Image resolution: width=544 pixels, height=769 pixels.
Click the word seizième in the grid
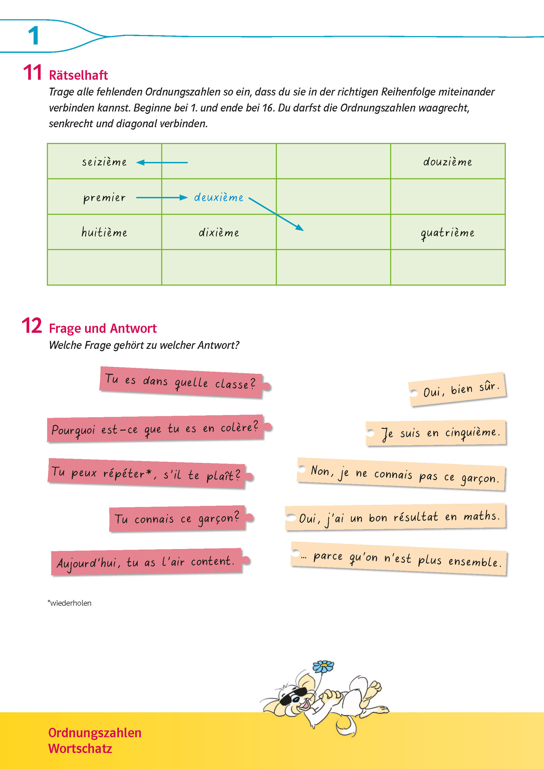(104, 162)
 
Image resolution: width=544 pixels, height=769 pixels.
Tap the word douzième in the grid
(448, 162)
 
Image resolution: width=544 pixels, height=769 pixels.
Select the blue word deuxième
(219, 197)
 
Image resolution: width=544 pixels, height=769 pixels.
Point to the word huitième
(104, 232)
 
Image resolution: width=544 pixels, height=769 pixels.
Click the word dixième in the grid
(219, 232)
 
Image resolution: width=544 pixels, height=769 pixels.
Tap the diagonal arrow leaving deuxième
(276, 214)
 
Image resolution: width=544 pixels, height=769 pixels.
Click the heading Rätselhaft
(78, 75)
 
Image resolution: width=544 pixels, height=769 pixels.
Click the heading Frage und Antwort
(102, 328)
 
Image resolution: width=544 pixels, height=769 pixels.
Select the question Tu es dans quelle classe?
(181, 382)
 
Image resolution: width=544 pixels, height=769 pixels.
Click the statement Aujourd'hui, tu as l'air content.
(146, 562)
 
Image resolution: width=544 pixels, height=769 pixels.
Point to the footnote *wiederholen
(70, 603)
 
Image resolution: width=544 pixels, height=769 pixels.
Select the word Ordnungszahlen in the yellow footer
(95, 733)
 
